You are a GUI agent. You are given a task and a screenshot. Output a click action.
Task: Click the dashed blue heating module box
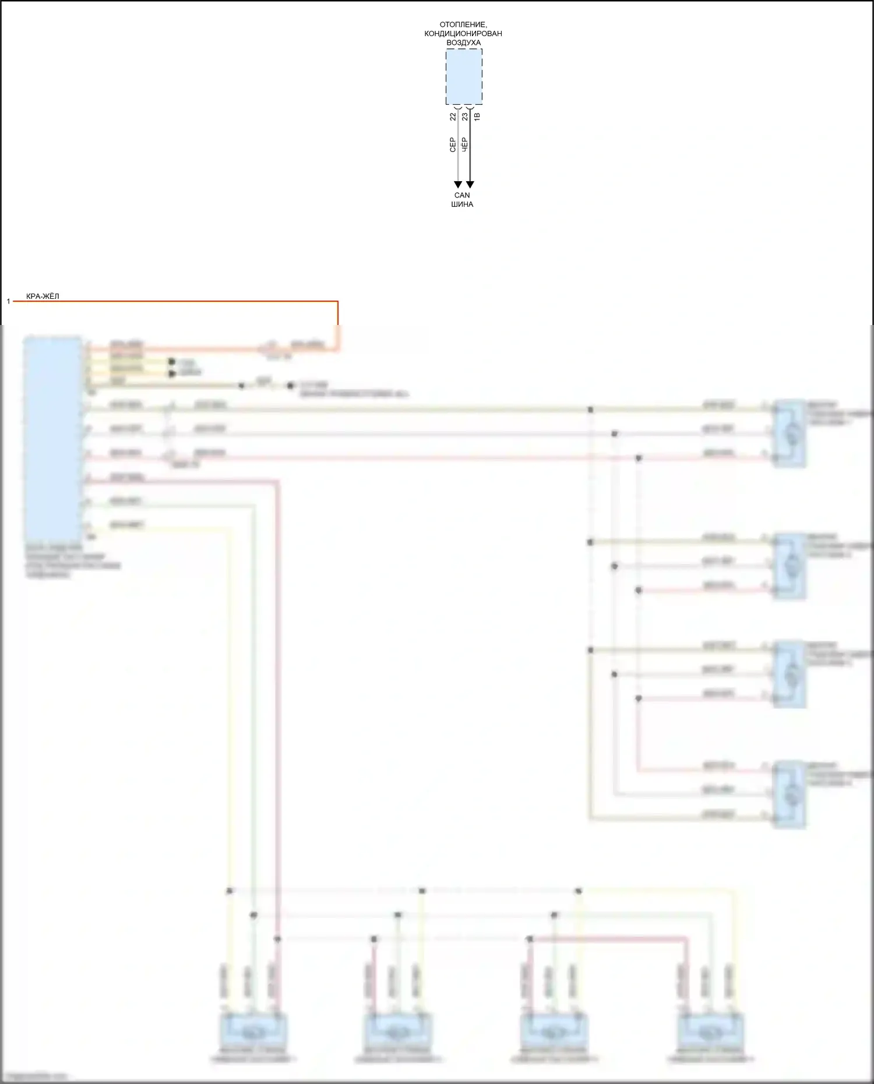[464, 76]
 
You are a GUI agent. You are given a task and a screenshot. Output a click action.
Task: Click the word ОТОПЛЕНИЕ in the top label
[463, 24]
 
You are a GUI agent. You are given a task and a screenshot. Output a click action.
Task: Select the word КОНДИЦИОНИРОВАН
[463, 33]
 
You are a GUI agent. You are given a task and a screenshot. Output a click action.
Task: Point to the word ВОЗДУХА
[463, 43]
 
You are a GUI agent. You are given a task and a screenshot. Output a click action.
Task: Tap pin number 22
[453, 116]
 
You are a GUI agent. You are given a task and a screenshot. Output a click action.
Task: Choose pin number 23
[465, 116]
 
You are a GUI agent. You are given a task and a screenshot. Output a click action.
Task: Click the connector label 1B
[477, 116]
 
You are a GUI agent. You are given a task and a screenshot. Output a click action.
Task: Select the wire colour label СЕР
[453, 145]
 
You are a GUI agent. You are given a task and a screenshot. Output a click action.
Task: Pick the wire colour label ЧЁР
[465, 145]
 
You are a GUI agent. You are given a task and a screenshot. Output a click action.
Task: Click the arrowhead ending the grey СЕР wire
[458, 185]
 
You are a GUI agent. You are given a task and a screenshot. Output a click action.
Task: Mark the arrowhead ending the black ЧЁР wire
[470, 185]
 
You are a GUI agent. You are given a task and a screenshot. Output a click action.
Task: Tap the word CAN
[462, 195]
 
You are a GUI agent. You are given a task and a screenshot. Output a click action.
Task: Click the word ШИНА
[462, 204]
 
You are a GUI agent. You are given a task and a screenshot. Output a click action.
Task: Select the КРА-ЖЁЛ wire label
[43, 296]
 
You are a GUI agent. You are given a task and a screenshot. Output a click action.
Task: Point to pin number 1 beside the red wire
[8, 301]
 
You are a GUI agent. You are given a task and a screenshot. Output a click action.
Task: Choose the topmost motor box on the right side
[790, 433]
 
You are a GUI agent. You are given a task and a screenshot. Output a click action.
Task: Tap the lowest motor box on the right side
[790, 794]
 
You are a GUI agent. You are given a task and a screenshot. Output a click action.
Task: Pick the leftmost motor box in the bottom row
[253, 1033]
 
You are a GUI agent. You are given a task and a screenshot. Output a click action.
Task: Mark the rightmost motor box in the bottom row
[710, 1033]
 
